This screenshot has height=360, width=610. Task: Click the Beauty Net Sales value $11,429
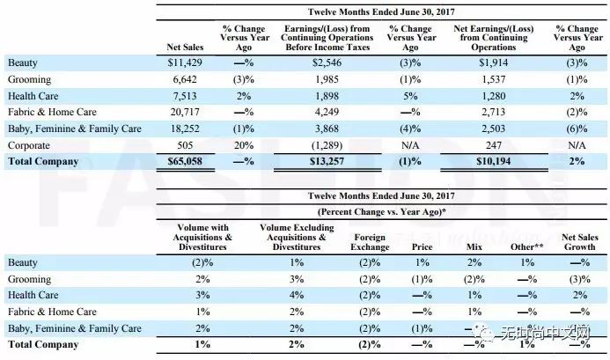185,62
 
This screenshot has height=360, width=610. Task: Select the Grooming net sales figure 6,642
185,79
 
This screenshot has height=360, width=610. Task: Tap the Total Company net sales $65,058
185,161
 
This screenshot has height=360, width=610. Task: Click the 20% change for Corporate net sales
244,145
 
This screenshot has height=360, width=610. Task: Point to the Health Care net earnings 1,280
493,96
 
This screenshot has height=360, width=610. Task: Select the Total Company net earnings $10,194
493,161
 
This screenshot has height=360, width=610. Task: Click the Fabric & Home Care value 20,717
185,112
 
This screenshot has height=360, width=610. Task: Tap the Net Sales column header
185,48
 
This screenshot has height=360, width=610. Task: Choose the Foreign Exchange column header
370,242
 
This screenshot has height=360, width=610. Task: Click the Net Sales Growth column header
580,242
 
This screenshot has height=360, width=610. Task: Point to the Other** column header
527,246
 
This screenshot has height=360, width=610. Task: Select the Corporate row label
29,145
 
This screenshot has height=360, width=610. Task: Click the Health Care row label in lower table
33,295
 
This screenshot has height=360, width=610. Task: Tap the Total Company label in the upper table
43,161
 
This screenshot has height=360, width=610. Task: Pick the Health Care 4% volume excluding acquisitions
297,295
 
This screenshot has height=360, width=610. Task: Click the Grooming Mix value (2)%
474,279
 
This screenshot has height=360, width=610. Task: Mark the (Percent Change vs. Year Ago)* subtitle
382,212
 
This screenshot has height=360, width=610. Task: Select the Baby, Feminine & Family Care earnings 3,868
327,129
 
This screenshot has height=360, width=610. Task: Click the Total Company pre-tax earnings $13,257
327,161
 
